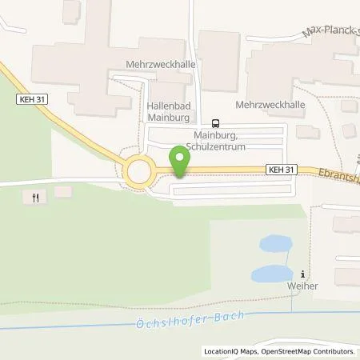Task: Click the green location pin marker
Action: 180,162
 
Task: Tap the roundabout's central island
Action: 141,171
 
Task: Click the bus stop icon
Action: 214,122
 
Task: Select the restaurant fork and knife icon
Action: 35,197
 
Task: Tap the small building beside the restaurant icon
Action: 62,191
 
